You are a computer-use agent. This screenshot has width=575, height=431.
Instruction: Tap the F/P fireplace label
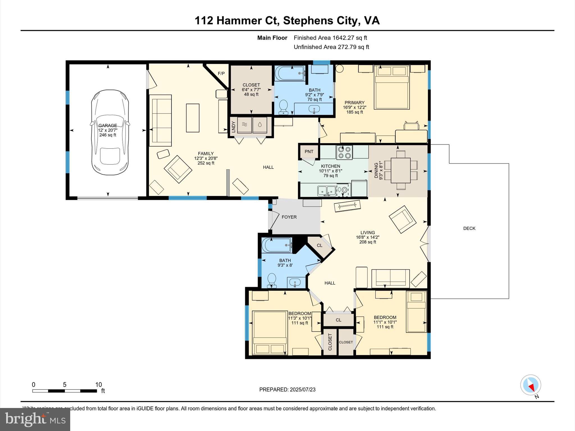coord(221,74)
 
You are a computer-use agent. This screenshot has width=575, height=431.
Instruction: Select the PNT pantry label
coord(309,152)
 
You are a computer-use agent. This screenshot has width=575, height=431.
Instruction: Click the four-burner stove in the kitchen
coord(344,152)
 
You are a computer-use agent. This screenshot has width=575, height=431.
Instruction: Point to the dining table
coord(401,170)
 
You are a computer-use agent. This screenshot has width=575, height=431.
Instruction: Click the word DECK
coord(469,228)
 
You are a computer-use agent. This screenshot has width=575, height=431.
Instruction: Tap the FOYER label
coord(289,217)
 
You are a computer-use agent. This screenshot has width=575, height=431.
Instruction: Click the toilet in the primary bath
coord(284,107)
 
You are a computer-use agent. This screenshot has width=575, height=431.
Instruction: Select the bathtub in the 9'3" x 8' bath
coord(277,245)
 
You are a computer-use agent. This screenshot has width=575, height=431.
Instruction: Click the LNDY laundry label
coord(233,127)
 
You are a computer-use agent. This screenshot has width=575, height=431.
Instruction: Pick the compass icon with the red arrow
coord(530,385)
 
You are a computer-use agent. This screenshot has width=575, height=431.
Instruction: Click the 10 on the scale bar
coord(98,385)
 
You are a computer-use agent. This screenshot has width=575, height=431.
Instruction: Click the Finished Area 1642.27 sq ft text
coord(330,38)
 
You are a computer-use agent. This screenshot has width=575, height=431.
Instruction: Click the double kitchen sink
coord(327,191)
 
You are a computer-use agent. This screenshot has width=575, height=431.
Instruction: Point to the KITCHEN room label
coord(330,166)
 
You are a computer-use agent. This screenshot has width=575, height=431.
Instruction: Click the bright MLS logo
coord(35,419)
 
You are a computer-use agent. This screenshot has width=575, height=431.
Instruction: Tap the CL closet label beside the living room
coord(320,246)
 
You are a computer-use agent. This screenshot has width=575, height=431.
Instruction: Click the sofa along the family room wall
coord(160,120)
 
